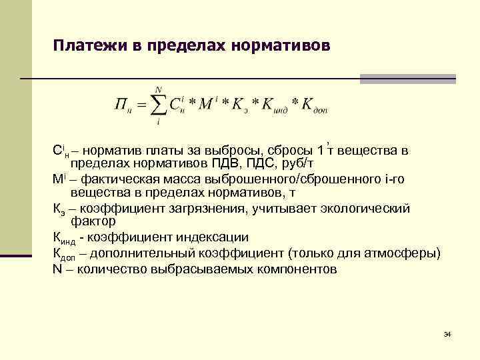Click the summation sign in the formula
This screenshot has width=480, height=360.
click(159, 105)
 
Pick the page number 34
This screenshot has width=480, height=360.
click(447, 333)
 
